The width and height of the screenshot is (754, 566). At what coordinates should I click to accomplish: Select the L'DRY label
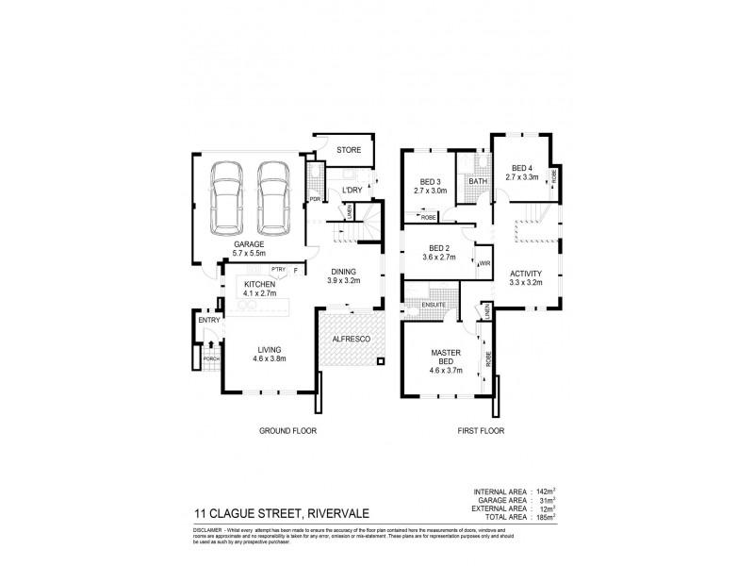click(x=352, y=191)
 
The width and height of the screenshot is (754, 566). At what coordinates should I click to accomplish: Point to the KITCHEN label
click(x=258, y=284)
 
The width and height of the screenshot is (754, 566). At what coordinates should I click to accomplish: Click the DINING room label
click(x=343, y=272)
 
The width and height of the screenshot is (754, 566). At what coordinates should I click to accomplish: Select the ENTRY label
click(x=208, y=320)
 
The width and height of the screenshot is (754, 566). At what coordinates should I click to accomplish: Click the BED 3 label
click(x=429, y=181)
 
